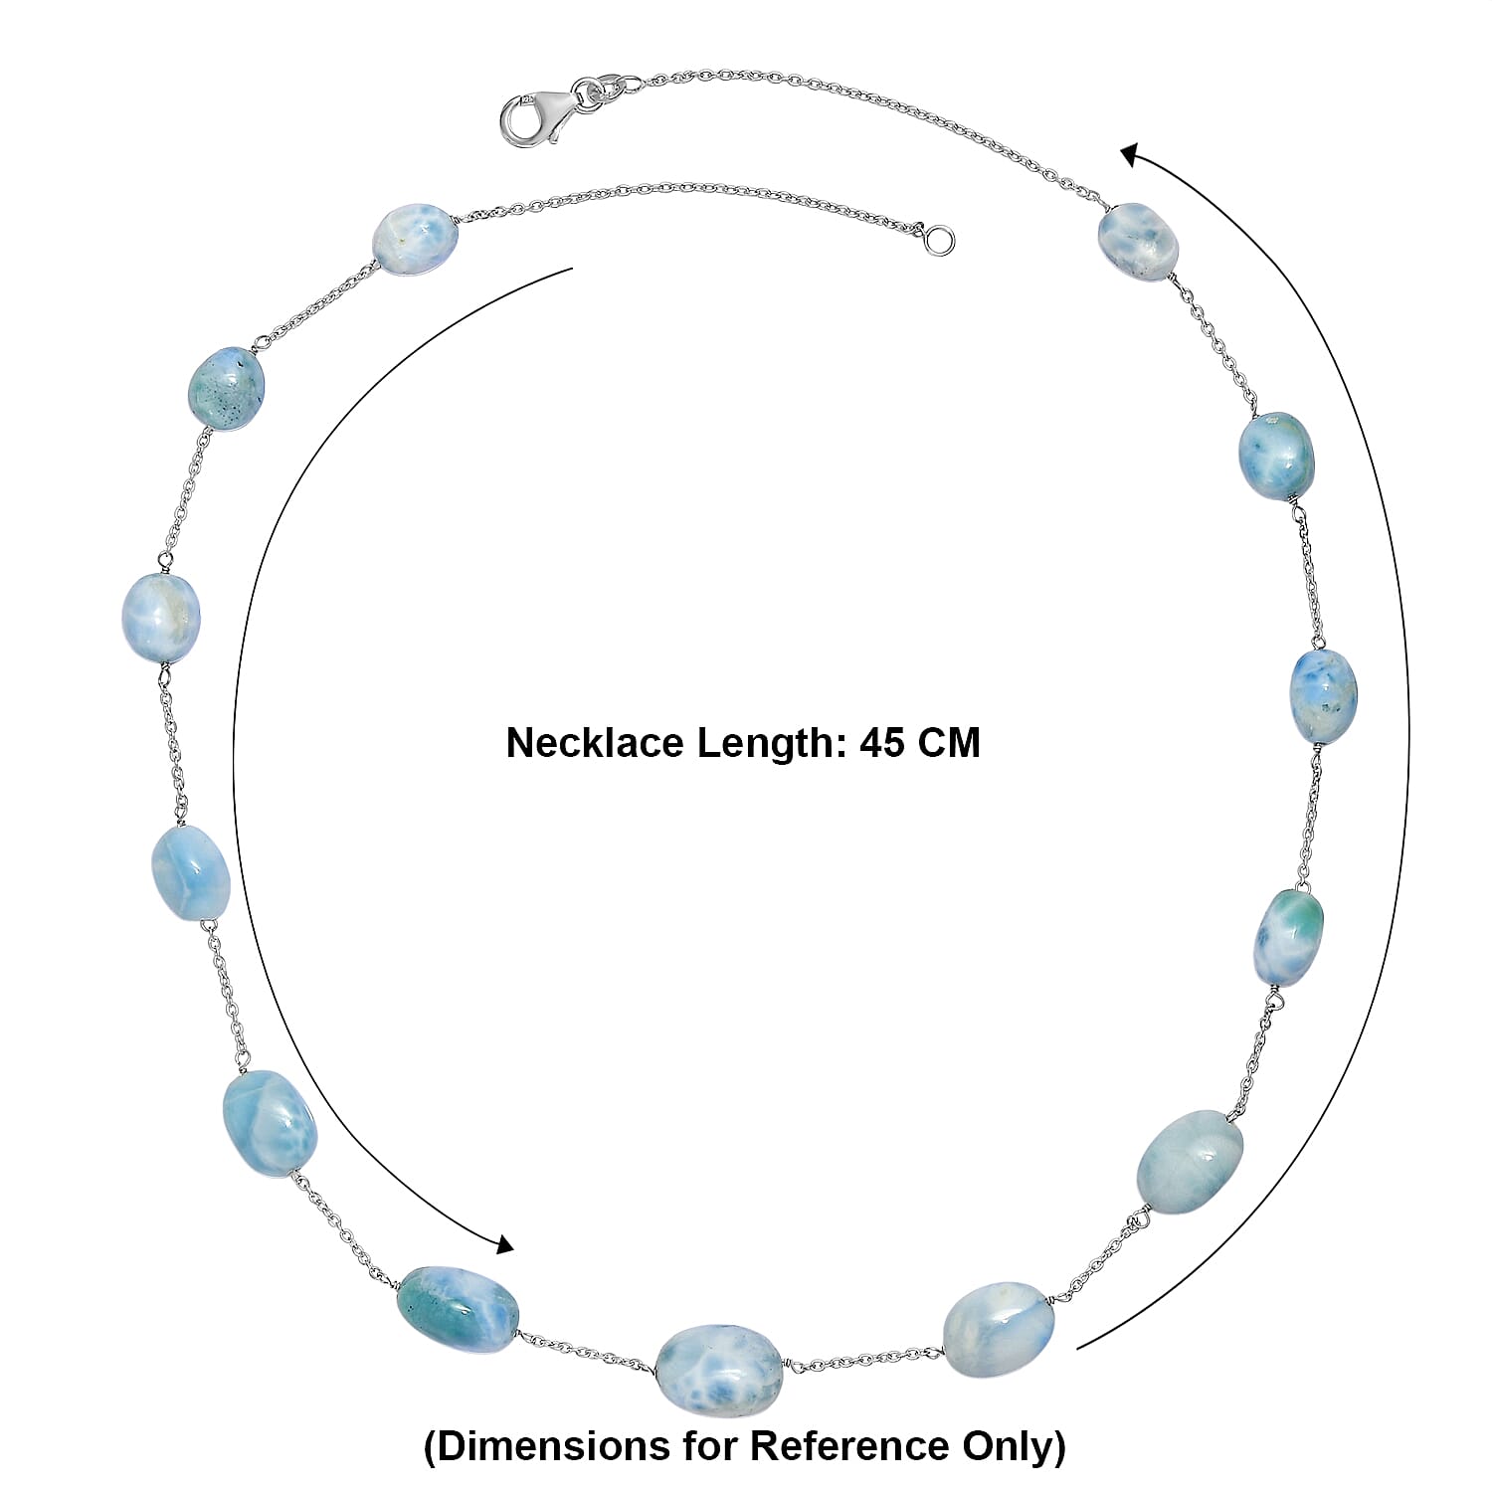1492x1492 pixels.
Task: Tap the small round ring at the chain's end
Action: point(939,240)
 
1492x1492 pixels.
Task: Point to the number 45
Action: point(882,743)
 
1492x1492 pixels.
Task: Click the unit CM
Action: point(949,743)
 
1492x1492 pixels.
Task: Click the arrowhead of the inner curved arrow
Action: point(504,1244)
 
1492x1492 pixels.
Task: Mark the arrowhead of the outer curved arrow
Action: point(1131,155)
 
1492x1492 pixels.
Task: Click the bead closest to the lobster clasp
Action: point(1138,242)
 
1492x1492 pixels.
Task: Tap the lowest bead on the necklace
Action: point(719,1367)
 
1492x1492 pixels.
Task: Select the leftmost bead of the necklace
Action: point(161,617)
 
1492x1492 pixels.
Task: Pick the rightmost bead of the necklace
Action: point(1323,695)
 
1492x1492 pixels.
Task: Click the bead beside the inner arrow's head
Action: point(459,1309)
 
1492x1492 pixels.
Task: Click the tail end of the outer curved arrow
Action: point(1078,1348)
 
